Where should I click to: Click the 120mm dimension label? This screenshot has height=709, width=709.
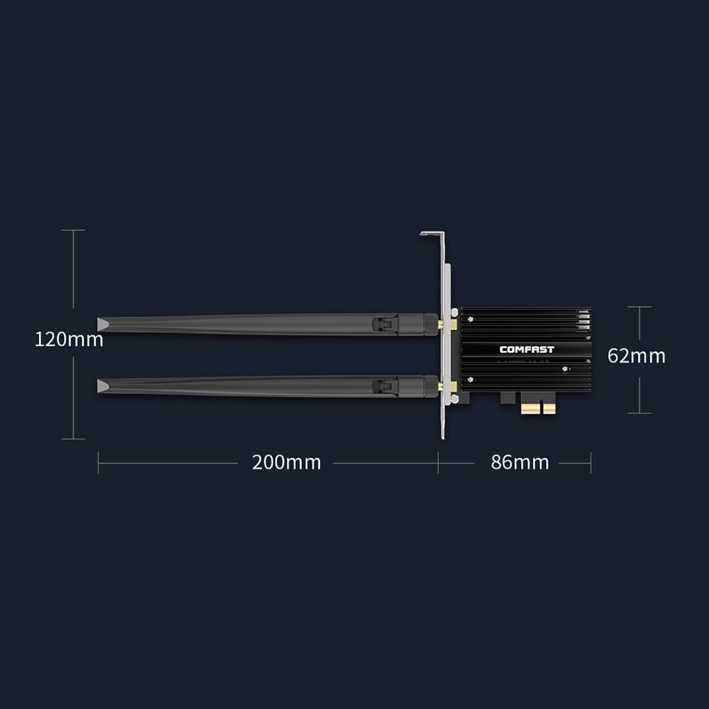[69, 339]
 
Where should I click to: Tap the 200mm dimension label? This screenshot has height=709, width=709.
[286, 462]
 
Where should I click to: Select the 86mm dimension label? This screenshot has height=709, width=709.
[520, 462]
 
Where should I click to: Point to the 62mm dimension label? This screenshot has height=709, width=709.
[636, 356]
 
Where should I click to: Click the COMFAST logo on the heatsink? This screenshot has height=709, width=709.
[526, 349]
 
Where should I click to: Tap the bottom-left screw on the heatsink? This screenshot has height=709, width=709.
[471, 379]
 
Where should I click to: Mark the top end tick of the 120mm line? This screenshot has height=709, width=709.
[73, 230]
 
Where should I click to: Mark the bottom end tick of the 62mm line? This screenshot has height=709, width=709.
[639, 413]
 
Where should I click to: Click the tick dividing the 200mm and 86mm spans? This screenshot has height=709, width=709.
[438, 462]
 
